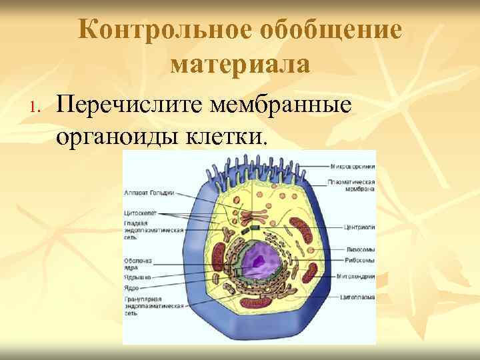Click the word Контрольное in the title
[163, 31]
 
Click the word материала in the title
[240, 65]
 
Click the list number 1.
[36, 107]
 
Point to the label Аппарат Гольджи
[149, 193]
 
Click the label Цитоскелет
[139, 213]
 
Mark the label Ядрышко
[137, 276]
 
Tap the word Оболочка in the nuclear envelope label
[138, 260]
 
